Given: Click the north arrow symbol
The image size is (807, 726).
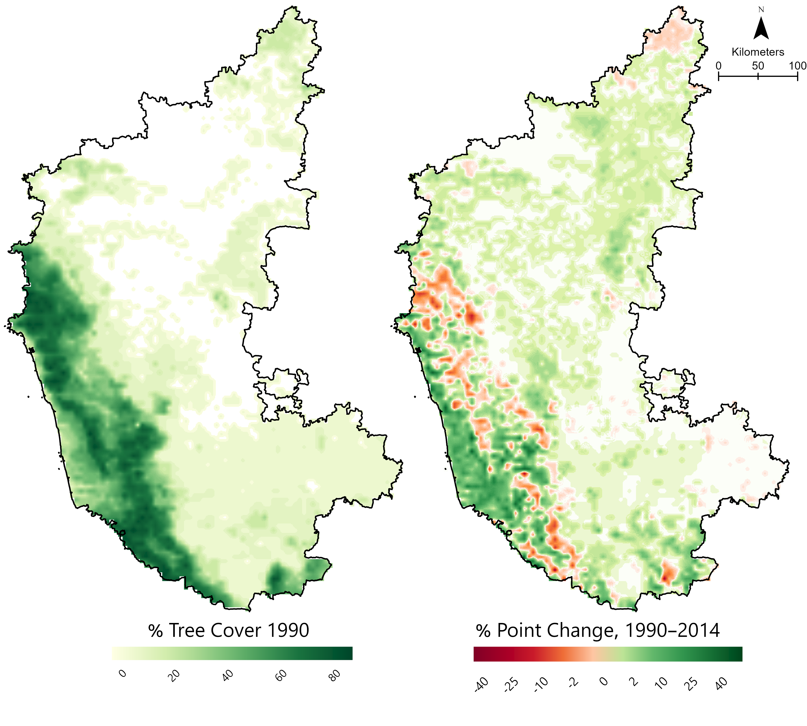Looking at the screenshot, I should (761, 29).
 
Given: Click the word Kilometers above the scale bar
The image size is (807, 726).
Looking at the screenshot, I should (757, 52).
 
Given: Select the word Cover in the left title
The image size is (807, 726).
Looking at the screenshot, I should (236, 631).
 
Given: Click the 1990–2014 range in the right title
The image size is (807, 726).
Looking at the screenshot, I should (672, 631).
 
